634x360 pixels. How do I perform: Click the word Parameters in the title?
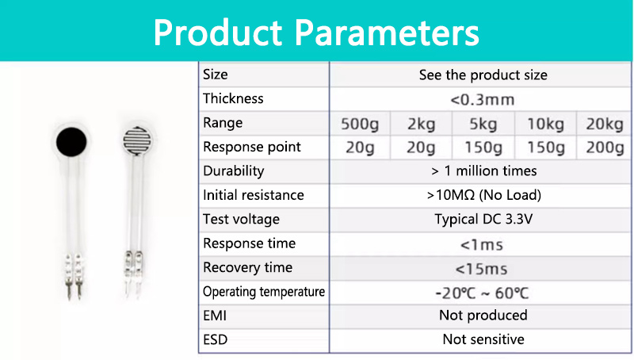coord(387,33)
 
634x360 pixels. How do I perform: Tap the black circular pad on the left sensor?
coord(71,142)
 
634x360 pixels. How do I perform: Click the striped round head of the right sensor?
coord(137,140)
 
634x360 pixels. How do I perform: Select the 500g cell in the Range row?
coord(360,124)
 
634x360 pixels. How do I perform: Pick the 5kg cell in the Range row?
coord(483,124)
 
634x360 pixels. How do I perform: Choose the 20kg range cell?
coord(605,124)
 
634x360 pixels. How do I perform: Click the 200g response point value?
coord(605,147)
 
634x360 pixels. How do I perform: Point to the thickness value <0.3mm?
coord(483,99)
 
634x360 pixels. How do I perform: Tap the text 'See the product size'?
coord(483,75)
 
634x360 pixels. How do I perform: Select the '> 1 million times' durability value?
coord(484,171)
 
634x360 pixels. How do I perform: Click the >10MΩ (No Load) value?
coord(484,195)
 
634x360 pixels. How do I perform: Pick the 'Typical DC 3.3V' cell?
coord(483,219)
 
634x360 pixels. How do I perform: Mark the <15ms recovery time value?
coord(481,269)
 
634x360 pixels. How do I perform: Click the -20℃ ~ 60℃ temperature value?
coord(482,293)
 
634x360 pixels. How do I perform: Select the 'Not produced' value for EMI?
coord(483,315)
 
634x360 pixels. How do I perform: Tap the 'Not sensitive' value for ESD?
coord(483,339)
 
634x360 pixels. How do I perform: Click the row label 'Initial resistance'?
coord(254,195)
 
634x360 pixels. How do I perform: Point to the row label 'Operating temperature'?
coord(264,292)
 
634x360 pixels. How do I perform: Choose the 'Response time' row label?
coord(250,243)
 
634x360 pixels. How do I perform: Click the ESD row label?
coord(215,339)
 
